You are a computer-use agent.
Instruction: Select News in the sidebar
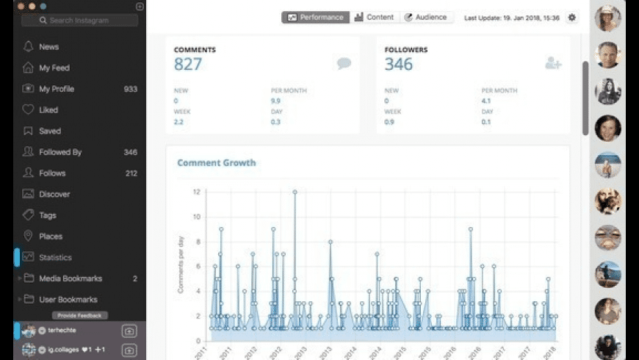click(x=48, y=47)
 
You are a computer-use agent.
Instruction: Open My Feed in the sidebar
click(x=54, y=68)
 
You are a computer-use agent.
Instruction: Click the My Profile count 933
click(x=130, y=89)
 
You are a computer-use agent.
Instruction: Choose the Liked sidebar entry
click(x=48, y=110)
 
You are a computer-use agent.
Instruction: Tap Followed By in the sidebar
click(x=60, y=152)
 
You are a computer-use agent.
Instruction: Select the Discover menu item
click(x=54, y=195)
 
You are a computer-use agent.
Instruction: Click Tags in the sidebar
click(x=48, y=216)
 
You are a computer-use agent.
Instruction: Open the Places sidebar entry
click(x=51, y=237)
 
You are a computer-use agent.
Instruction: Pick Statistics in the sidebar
click(x=55, y=258)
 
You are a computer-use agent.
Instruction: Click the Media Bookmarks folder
click(x=70, y=279)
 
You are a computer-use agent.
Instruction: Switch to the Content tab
click(x=374, y=18)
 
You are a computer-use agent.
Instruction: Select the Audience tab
click(x=429, y=18)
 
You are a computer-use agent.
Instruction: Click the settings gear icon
click(x=572, y=18)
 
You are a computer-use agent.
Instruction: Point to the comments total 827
click(x=188, y=65)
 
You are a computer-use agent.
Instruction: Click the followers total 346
click(x=399, y=65)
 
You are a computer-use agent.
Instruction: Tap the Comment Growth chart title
click(x=217, y=163)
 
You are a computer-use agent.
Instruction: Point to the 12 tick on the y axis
click(x=196, y=192)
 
